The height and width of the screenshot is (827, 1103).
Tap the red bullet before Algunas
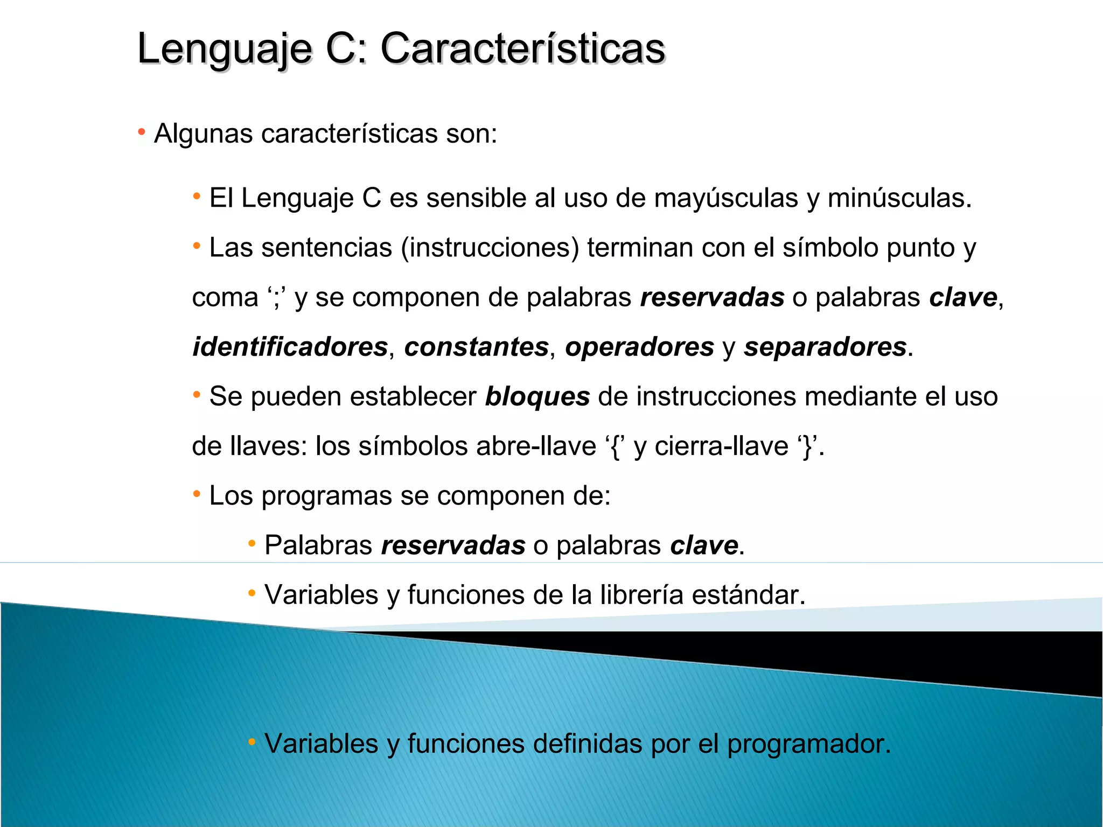[142, 132]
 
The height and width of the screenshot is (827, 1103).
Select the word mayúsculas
[725, 198]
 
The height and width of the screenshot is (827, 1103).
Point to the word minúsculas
[899, 198]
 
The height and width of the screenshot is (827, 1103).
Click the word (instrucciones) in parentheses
[490, 248]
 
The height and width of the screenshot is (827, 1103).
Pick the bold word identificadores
[290, 347]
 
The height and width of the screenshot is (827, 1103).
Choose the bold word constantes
[476, 347]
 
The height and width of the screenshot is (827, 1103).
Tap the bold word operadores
[639, 347]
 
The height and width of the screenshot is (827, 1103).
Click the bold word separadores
[825, 347]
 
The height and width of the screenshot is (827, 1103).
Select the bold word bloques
[537, 397]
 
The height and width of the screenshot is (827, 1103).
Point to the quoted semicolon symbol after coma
[276, 298]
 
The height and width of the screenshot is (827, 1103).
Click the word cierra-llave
[721, 446]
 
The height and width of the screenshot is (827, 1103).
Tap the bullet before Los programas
[197, 494]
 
